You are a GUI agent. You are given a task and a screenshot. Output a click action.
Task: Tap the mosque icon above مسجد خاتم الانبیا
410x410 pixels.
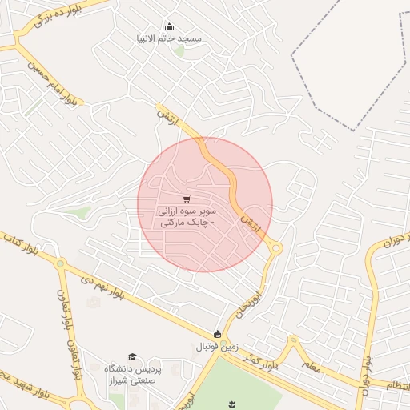coord(169,26)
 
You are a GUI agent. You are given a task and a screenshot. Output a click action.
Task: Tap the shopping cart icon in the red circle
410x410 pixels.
coord(187,199)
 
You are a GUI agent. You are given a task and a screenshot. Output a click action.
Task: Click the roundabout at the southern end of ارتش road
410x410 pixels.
coord(275,249)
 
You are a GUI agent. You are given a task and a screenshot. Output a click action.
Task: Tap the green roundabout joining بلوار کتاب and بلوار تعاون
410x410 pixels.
coord(60,263)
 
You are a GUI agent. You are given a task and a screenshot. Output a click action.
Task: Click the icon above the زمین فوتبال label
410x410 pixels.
coord(217,334)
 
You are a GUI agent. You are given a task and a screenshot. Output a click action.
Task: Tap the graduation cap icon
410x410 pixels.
coord(132,357)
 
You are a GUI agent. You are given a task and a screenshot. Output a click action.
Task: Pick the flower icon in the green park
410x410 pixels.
coord(232,403)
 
